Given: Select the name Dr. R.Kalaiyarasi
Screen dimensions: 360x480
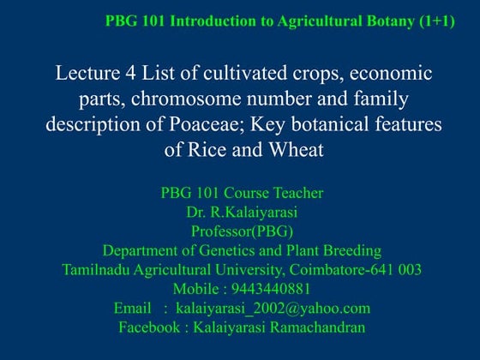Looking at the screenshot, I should click(241, 212).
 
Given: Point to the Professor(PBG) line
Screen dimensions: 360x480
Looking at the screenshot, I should click(241, 231).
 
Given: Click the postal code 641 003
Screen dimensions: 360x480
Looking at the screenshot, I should click(391, 269).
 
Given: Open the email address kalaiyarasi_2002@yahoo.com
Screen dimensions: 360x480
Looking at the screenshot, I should click(273, 308).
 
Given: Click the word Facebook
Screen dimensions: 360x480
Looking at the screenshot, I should click(150, 327).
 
